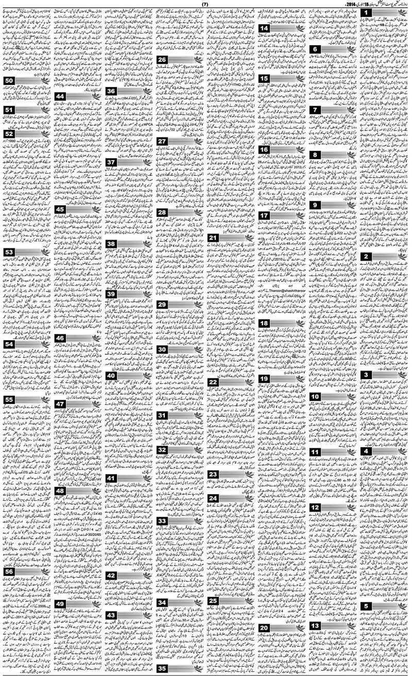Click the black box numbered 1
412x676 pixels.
[x=366, y=13]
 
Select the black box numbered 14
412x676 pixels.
[x=264, y=29]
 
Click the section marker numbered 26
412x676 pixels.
[x=162, y=60]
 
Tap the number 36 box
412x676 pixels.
[x=111, y=92]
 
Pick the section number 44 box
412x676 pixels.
[x=60, y=96]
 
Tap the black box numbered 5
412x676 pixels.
[x=366, y=592]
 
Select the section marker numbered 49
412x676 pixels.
[x=60, y=604]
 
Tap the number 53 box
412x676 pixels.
[x=9, y=252]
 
